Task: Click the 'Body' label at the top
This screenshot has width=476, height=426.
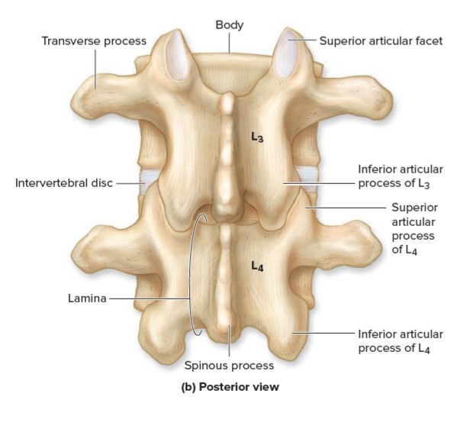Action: pyautogui.click(x=229, y=25)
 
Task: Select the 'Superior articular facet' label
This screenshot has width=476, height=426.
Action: pyautogui.click(x=380, y=40)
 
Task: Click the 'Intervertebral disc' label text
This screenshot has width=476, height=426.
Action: pyautogui.click(x=63, y=183)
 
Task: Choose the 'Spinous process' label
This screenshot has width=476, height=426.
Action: pyautogui.click(x=229, y=365)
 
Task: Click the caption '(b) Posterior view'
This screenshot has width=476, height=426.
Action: pyautogui.click(x=230, y=386)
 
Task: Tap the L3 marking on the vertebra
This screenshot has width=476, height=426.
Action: pyautogui.click(x=259, y=137)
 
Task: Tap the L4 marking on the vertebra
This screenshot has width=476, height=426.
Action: pyautogui.click(x=258, y=266)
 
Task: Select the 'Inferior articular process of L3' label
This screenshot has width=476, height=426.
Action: pyautogui.click(x=400, y=176)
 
